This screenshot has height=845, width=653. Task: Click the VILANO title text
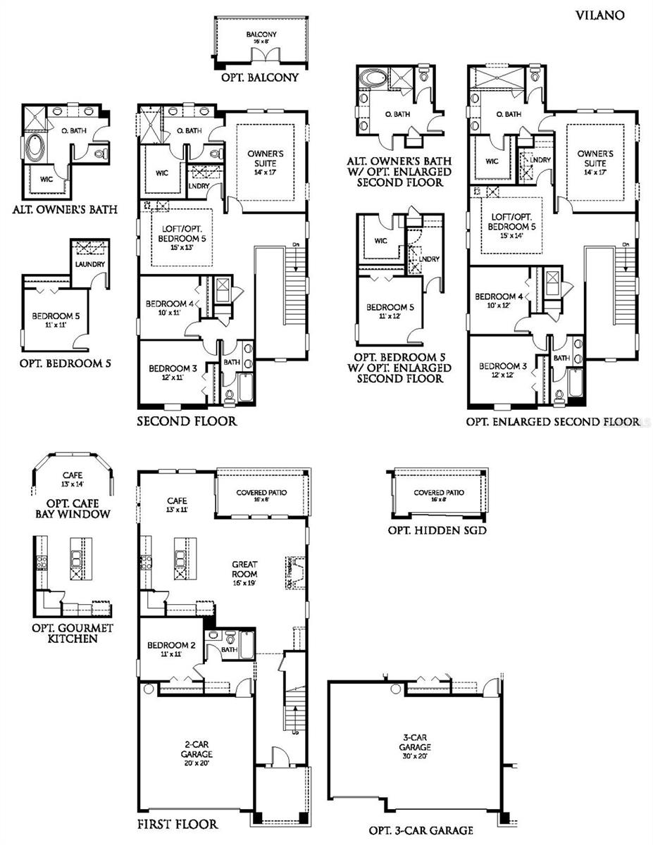click(599, 15)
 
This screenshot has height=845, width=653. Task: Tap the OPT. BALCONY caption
click(261, 77)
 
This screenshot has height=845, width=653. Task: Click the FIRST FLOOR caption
click(178, 824)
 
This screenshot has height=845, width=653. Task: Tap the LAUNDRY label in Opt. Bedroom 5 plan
click(91, 264)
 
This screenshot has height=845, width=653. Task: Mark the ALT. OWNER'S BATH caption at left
click(64, 209)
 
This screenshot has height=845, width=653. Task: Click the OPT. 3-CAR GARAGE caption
click(421, 830)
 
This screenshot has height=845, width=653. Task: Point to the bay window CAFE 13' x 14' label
click(73, 480)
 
